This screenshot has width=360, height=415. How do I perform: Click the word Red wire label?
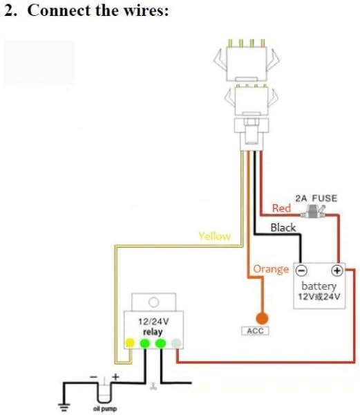[x=281, y=208]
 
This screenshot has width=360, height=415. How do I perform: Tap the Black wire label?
[x=283, y=228]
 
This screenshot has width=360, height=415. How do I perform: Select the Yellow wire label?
[x=215, y=236]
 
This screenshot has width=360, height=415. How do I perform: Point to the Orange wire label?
[x=271, y=269]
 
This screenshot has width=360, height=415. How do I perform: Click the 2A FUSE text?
[x=316, y=199]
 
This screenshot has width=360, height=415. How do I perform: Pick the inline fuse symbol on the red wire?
[x=313, y=212]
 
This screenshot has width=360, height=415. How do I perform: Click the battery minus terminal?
[x=301, y=270]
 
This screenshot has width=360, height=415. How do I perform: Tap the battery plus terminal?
[x=337, y=270]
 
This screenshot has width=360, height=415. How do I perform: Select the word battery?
[x=319, y=286]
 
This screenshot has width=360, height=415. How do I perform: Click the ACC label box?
[x=255, y=331]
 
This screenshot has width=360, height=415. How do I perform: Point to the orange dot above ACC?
[x=262, y=318]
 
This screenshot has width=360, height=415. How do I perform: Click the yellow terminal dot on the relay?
[x=130, y=343]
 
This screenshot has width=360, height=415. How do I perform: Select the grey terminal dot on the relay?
[x=176, y=343]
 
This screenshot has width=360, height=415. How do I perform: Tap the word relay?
[x=153, y=332]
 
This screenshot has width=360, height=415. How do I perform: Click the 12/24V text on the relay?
[x=153, y=322]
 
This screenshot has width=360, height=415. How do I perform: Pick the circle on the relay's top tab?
[x=154, y=302]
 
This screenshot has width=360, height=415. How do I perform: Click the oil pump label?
[x=105, y=409]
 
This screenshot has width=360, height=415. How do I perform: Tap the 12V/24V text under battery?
[x=319, y=297]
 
